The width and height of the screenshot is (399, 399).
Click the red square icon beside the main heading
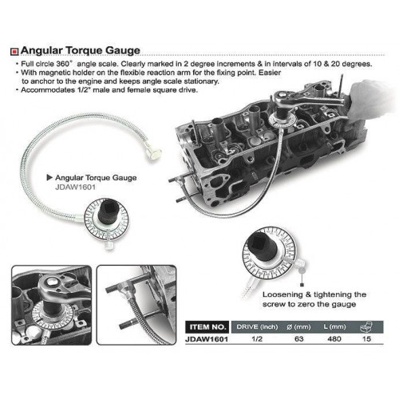[x=14, y=52]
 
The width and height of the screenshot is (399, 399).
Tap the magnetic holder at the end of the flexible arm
[x=154, y=154]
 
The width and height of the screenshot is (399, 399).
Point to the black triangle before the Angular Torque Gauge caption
[x=49, y=177]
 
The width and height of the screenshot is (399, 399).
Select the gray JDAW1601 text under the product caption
[x=75, y=188]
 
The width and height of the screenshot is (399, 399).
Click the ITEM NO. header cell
[x=207, y=327]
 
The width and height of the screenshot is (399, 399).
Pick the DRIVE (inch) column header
[x=257, y=326]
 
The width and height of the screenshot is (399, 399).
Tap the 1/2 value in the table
[x=257, y=339]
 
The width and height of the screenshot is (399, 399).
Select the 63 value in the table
[x=299, y=339]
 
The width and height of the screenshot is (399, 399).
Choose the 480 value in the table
[x=334, y=339]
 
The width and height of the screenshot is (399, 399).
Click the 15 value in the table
[x=366, y=339]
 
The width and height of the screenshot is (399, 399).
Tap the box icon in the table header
[x=366, y=327]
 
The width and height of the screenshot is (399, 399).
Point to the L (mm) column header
[x=334, y=326]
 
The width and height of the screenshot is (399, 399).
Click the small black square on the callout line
[x=302, y=285]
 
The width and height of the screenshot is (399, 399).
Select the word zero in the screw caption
[x=306, y=304]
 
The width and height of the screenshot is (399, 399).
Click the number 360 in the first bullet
[x=63, y=64]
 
